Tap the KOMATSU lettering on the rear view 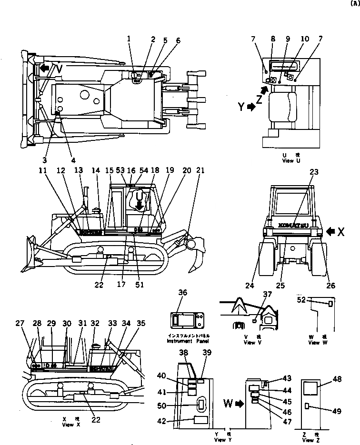point(292,224)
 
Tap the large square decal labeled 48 point(310,389)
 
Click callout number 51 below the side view point(139,286)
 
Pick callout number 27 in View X point(19,323)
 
